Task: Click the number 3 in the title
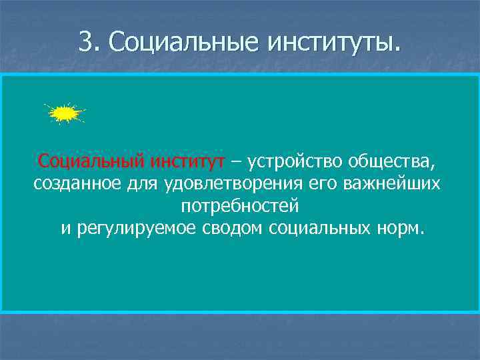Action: click(x=85, y=42)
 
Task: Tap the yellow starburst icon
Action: click(x=64, y=114)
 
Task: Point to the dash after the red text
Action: click(x=238, y=161)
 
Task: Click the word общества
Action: click(x=399, y=161)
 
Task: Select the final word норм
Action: click(x=399, y=229)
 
